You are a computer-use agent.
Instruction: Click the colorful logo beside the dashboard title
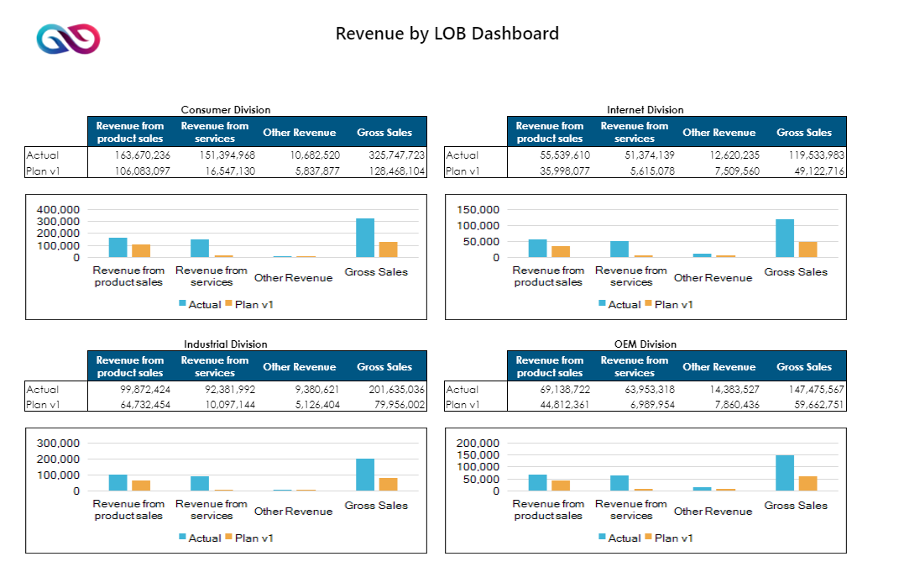click(x=68, y=39)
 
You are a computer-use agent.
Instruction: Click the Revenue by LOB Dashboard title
click(x=447, y=34)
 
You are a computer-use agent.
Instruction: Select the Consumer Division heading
click(x=226, y=110)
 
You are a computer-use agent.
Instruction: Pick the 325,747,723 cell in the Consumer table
click(x=396, y=155)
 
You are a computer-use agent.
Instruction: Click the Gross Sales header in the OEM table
click(x=804, y=367)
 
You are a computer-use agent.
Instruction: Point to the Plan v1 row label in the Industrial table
click(x=43, y=405)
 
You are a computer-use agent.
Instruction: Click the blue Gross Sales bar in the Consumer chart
click(x=364, y=238)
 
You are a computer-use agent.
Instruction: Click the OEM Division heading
click(x=645, y=344)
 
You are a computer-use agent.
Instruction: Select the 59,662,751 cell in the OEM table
click(x=814, y=405)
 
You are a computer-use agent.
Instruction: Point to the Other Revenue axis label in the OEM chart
click(x=713, y=512)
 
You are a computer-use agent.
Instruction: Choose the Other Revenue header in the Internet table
click(x=719, y=133)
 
